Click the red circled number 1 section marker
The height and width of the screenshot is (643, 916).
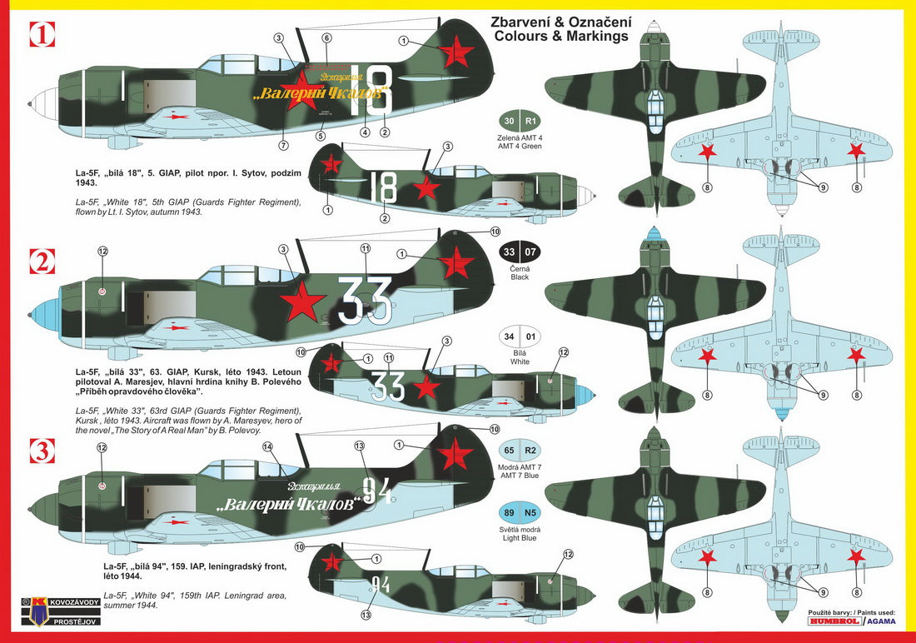[42, 35]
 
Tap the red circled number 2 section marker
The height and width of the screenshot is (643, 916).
[42, 262]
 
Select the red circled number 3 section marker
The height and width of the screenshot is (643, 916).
[42, 451]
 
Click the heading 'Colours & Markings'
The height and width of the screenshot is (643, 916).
[560, 36]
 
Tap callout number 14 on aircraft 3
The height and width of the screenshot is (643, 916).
[267, 446]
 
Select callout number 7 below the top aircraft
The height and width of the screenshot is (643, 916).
[283, 145]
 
